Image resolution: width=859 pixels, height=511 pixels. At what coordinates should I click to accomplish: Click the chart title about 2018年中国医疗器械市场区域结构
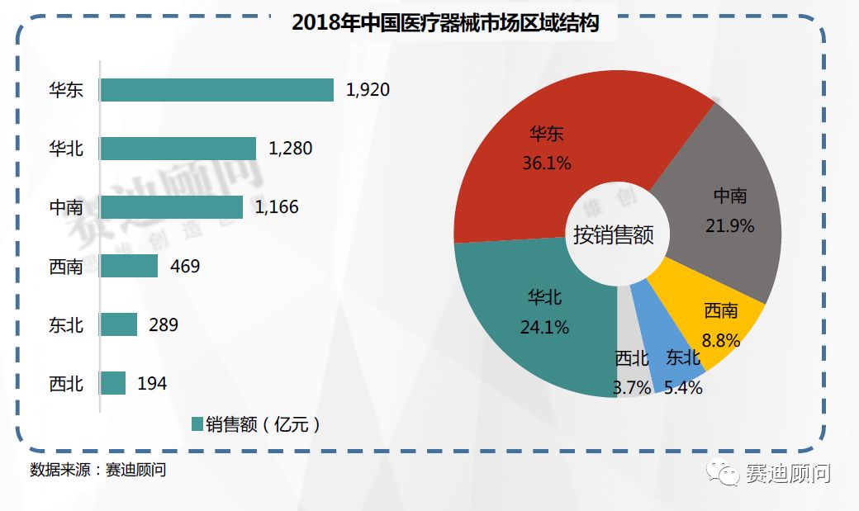[445, 23]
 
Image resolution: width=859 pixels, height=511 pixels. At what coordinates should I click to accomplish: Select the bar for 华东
[216, 90]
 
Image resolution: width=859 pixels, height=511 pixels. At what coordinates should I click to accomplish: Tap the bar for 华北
[178, 149]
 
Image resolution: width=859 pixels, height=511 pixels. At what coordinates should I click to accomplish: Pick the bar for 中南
[171, 207]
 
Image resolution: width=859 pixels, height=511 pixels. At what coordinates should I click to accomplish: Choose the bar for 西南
[129, 266]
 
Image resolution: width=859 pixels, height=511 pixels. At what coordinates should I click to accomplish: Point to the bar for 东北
[118, 324]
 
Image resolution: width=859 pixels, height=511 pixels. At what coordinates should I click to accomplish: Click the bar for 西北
[113, 383]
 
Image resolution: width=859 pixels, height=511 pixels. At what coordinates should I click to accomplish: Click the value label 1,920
[368, 90]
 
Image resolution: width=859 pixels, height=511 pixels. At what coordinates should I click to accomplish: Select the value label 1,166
[277, 207]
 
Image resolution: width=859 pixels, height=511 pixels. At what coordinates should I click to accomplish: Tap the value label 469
[185, 266]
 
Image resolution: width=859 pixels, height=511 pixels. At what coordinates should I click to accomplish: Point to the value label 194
[153, 383]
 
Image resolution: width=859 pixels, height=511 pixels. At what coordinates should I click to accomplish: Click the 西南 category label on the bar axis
[66, 267]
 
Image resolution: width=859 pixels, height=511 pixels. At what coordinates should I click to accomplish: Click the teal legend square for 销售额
[197, 424]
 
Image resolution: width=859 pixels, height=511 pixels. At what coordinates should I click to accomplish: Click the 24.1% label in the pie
[545, 328]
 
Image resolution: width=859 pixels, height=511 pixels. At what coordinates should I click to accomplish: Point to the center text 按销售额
[615, 235]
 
